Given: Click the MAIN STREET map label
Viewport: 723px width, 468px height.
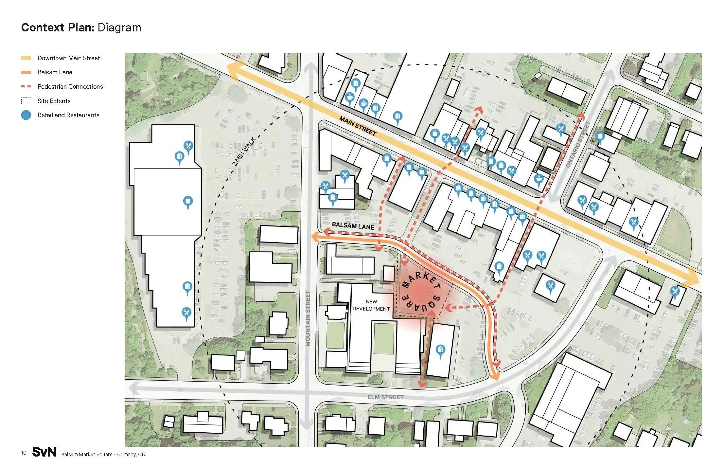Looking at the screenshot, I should [x=358, y=126].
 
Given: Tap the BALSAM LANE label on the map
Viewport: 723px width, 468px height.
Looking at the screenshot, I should [x=353, y=226].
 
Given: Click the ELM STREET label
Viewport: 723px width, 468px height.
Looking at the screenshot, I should [x=385, y=397].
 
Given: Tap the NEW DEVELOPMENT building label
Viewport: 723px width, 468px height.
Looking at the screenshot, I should [x=371, y=305].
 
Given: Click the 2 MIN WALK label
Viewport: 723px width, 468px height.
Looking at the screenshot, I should [x=244, y=152].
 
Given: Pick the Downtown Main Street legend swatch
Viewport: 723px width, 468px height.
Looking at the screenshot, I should [x=26, y=58].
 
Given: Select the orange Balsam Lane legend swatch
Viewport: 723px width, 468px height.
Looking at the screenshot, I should [x=26, y=72].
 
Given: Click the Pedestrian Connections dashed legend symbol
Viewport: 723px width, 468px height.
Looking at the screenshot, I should [x=26, y=87].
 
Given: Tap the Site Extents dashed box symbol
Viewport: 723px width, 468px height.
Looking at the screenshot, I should [x=26, y=101].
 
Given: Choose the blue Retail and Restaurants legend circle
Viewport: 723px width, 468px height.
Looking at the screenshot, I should [x=26, y=115].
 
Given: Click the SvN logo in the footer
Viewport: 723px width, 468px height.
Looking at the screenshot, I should [x=44, y=452].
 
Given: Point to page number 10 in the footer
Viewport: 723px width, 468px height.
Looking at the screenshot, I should [x=24, y=453].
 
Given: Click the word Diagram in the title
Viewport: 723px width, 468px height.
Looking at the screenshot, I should [x=119, y=27].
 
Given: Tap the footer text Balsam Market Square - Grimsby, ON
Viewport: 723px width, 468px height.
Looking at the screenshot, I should [x=103, y=454].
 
